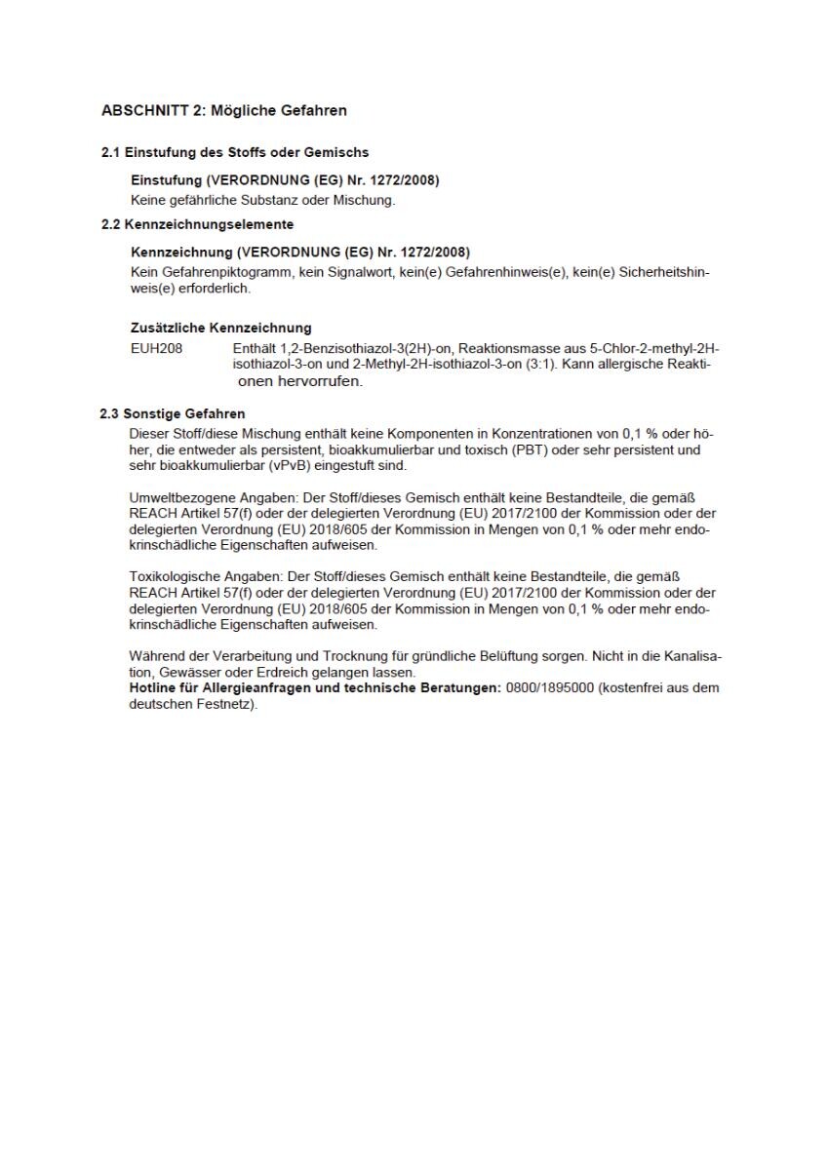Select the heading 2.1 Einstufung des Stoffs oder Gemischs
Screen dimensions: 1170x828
(x=235, y=153)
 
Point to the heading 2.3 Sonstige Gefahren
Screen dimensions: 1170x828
(x=172, y=413)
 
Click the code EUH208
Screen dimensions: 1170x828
(x=156, y=349)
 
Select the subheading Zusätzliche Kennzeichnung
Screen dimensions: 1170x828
(x=220, y=329)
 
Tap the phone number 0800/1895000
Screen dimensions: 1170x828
(x=549, y=688)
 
